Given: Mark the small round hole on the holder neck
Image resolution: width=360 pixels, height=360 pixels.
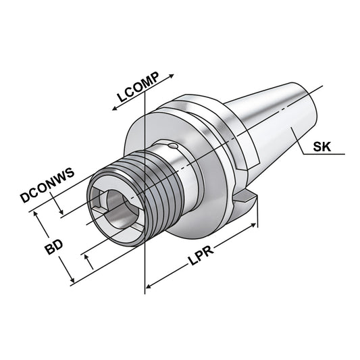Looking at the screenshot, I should click(x=174, y=147).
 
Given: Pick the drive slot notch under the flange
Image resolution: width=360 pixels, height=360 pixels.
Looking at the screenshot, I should click(x=247, y=201).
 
